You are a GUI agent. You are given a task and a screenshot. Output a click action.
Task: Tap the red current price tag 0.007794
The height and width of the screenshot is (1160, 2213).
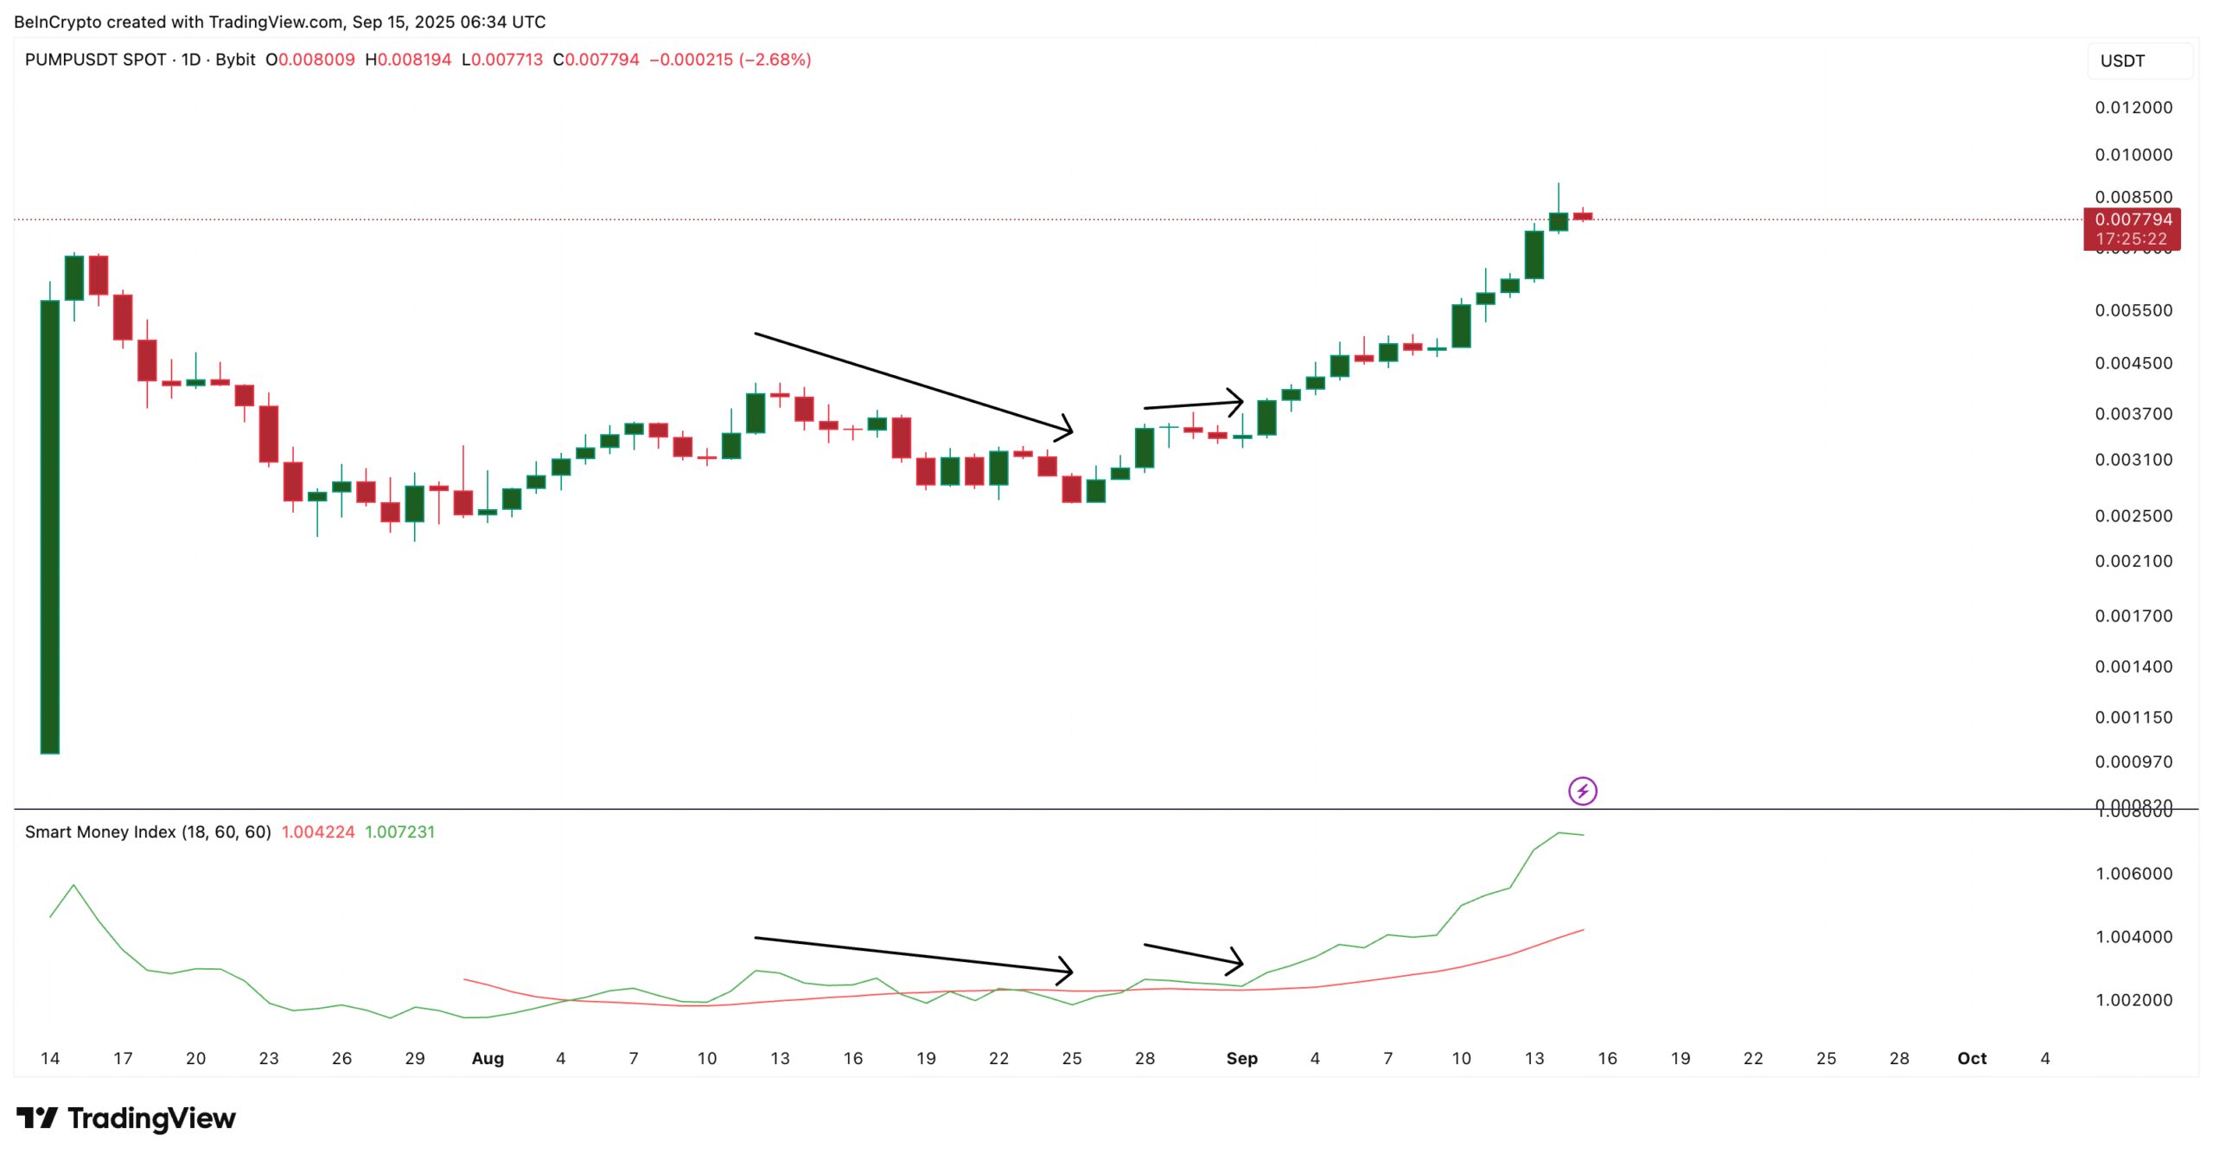point(2132,220)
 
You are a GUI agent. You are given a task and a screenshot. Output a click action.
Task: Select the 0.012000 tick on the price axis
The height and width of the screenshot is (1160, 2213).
point(2133,107)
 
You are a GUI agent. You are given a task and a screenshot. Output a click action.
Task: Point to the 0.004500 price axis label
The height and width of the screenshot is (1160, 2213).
point(2133,363)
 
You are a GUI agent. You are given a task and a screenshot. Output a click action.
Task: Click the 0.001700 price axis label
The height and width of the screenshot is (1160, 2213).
point(2133,615)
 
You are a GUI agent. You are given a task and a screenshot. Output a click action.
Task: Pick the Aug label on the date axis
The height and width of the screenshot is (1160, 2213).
point(488,1058)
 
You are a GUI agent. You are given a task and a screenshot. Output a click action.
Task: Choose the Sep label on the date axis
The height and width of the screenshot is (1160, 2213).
point(1241,1058)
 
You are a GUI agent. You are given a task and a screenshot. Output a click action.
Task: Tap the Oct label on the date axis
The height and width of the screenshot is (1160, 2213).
point(1971,1058)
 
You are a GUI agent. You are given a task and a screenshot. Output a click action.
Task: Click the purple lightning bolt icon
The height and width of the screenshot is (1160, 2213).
point(1582,790)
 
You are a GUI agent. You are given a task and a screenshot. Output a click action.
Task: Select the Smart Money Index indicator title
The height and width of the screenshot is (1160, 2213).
point(148,832)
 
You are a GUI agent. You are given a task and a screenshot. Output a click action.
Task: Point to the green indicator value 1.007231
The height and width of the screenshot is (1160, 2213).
point(399,832)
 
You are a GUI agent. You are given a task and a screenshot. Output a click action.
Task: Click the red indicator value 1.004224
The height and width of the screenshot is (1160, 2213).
point(317,832)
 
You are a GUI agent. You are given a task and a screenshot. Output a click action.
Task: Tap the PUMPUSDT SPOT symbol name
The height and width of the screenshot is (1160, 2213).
point(95,60)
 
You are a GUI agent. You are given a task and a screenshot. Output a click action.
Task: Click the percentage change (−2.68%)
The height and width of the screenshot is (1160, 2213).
point(775,60)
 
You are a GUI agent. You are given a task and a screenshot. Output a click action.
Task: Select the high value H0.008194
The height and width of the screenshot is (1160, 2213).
point(408,60)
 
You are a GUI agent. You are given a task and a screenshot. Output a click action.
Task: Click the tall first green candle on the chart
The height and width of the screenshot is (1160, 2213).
point(50,527)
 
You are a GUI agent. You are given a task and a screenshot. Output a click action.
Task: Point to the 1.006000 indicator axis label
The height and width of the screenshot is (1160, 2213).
point(2133,873)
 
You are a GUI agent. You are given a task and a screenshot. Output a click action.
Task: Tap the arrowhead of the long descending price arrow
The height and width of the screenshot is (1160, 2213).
point(1068,429)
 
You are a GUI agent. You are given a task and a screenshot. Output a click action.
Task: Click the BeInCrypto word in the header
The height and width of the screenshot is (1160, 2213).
point(56,22)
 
